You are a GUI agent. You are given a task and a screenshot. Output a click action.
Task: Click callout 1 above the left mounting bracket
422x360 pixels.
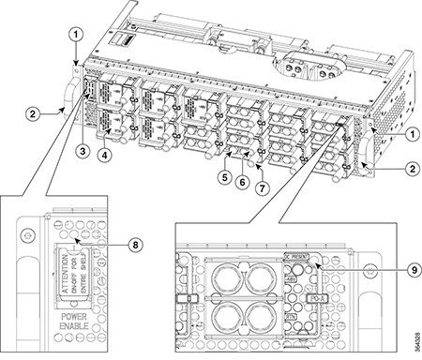click(x=74, y=37)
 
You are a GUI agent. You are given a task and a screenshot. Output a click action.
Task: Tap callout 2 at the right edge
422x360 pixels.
click(x=410, y=171)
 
